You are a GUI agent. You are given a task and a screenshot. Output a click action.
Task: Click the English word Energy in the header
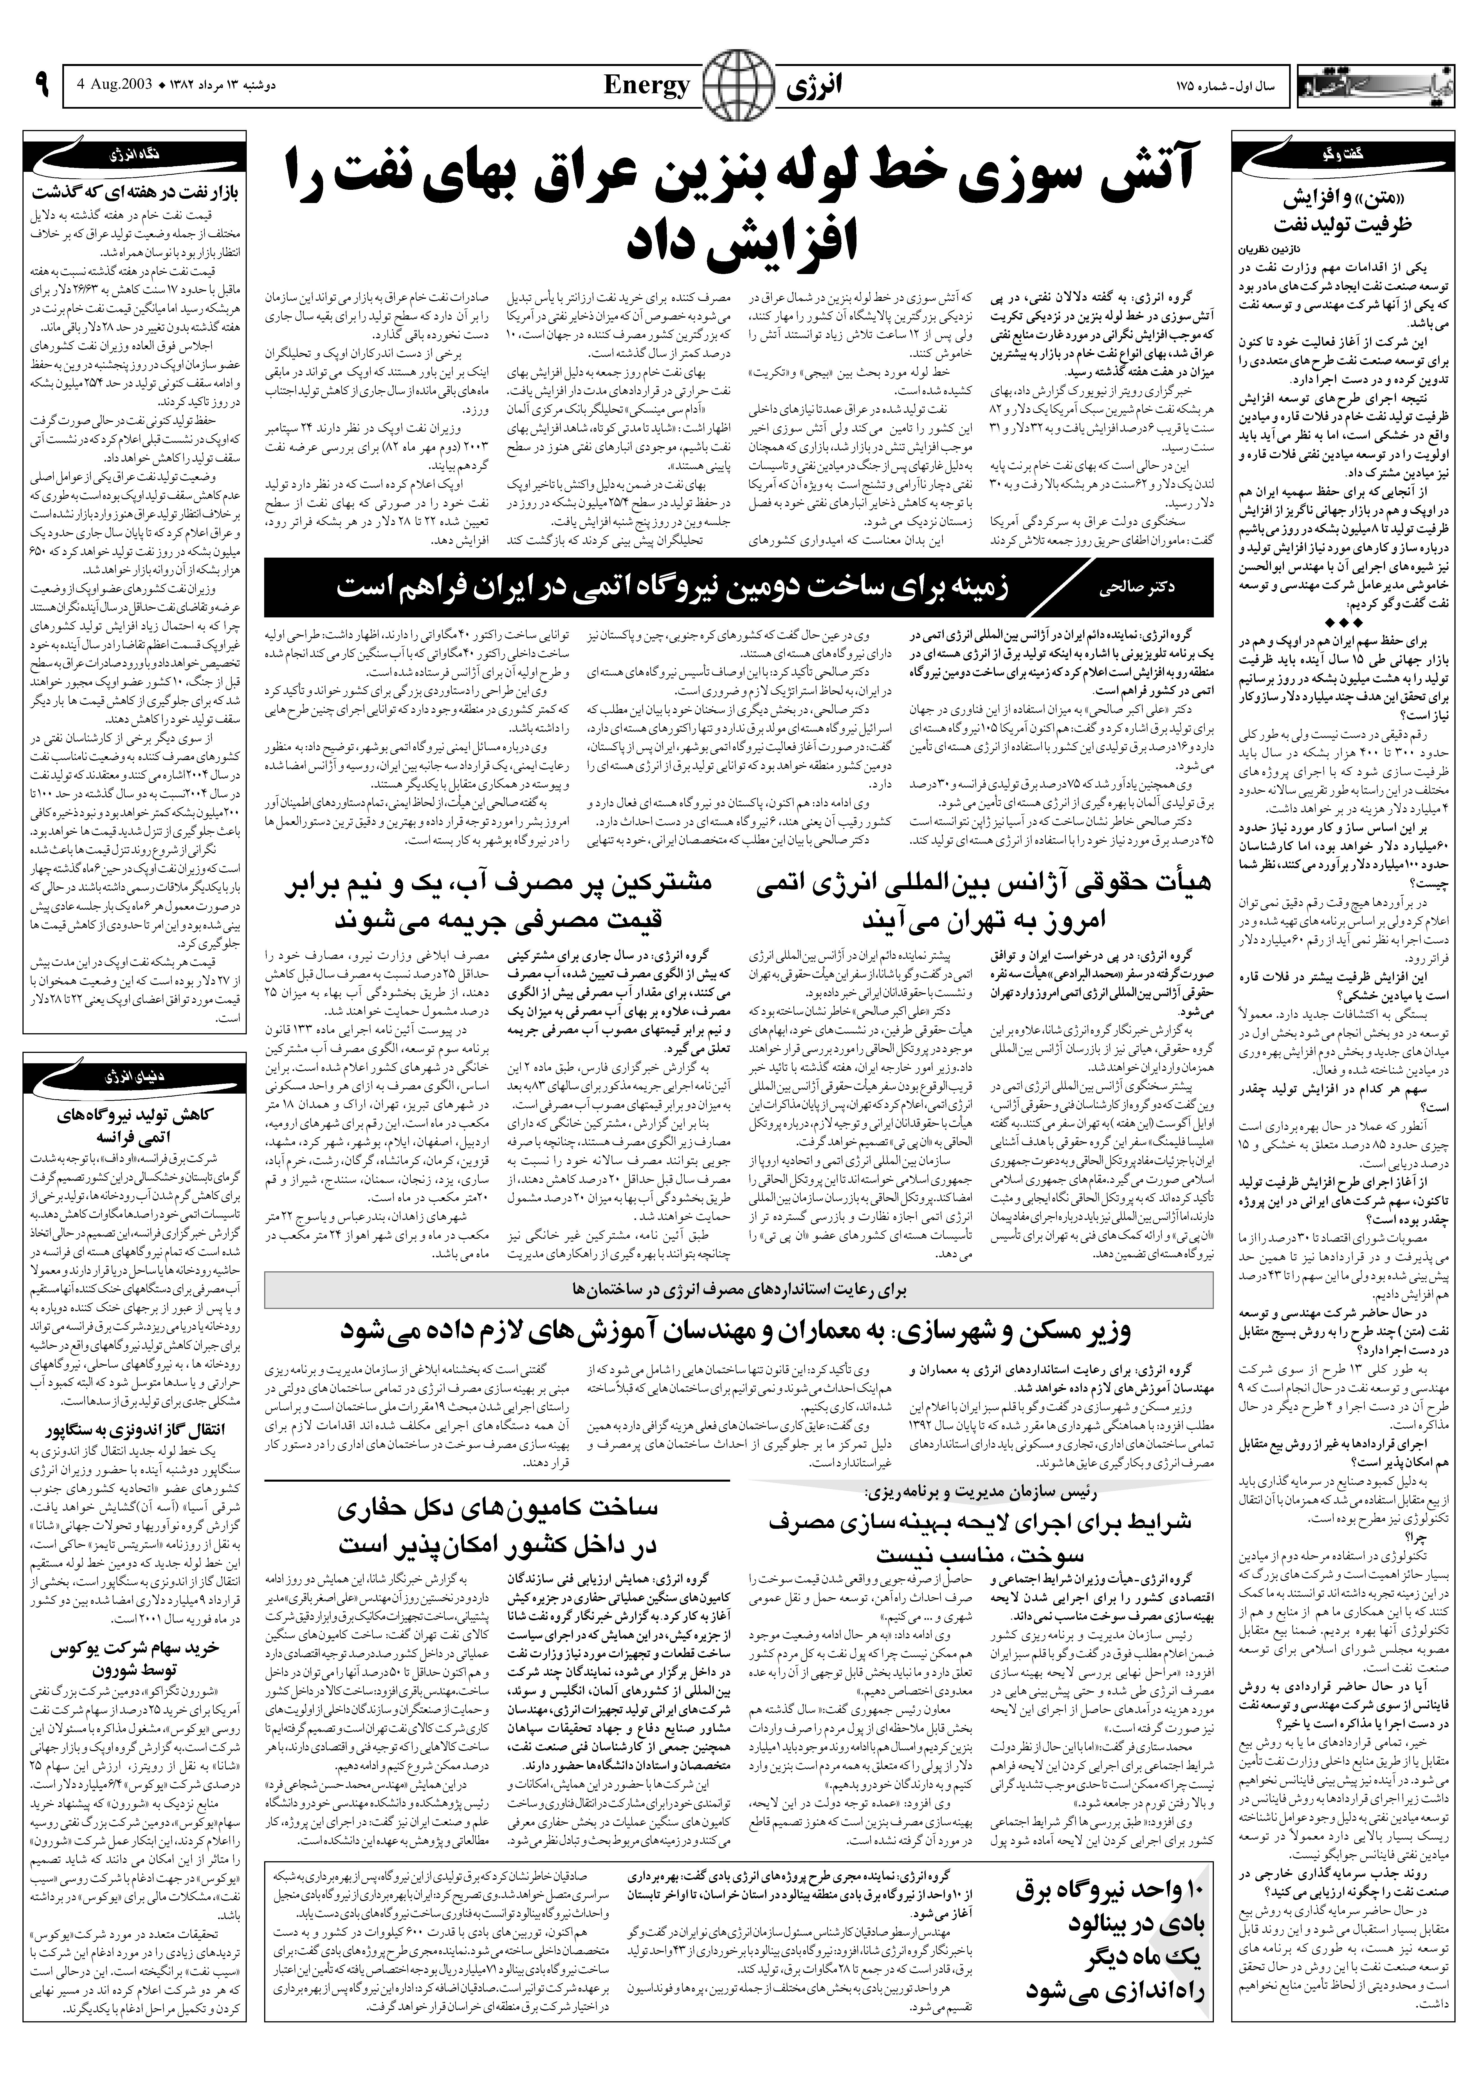(x=647, y=86)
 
